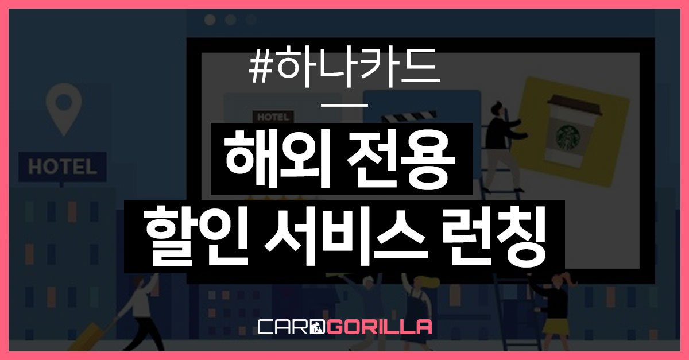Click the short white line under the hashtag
pyautogui.click(x=344, y=105)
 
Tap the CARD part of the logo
pyautogui.click(x=290, y=327)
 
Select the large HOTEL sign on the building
pyautogui.click(x=62, y=167)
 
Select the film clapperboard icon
pyautogui.click(x=402, y=119)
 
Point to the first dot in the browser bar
pyautogui.click(x=210, y=20)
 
